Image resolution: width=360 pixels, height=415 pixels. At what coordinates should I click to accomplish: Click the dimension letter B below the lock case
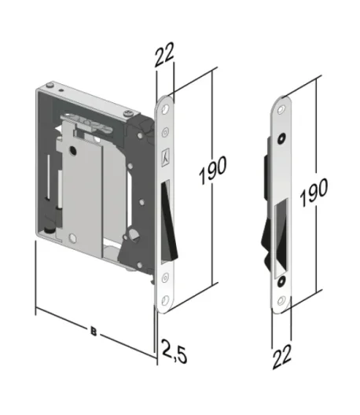pyautogui.click(x=94, y=332)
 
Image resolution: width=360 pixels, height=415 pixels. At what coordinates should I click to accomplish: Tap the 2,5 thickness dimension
pyautogui.click(x=174, y=351)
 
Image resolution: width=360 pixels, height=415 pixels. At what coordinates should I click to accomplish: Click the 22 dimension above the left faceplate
pyautogui.click(x=164, y=54)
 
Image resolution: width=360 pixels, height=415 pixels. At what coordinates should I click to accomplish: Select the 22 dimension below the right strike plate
pyautogui.click(x=281, y=356)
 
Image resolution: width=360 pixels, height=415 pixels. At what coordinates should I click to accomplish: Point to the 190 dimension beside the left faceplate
pyautogui.click(x=213, y=170)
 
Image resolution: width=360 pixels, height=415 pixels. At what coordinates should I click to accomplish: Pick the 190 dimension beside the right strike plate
pyautogui.click(x=314, y=192)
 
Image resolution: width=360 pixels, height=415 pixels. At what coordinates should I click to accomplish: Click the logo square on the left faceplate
pyautogui.click(x=165, y=157)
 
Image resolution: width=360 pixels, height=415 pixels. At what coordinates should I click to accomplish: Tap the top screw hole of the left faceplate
pyautogui.click(x=165, y=108)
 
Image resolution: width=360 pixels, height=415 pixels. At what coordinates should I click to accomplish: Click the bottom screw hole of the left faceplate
pyautogui.click(x=165, y=300)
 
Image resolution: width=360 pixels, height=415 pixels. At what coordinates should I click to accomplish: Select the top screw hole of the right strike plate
pyautogui.click(x=281, y=109)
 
